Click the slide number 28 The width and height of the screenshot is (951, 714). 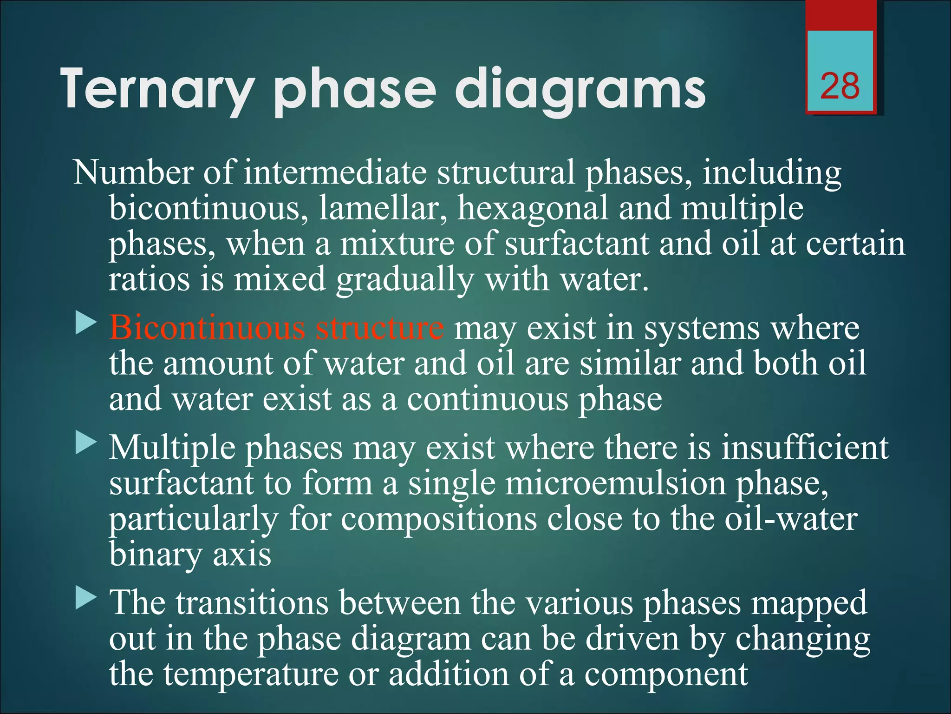coord(840,86)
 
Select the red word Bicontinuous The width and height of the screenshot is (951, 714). coord(207,328)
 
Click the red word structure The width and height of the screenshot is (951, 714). coord(379,328)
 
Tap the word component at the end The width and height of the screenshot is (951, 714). coord(666,674)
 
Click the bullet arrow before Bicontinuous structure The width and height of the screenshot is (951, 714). coord(86,323)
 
